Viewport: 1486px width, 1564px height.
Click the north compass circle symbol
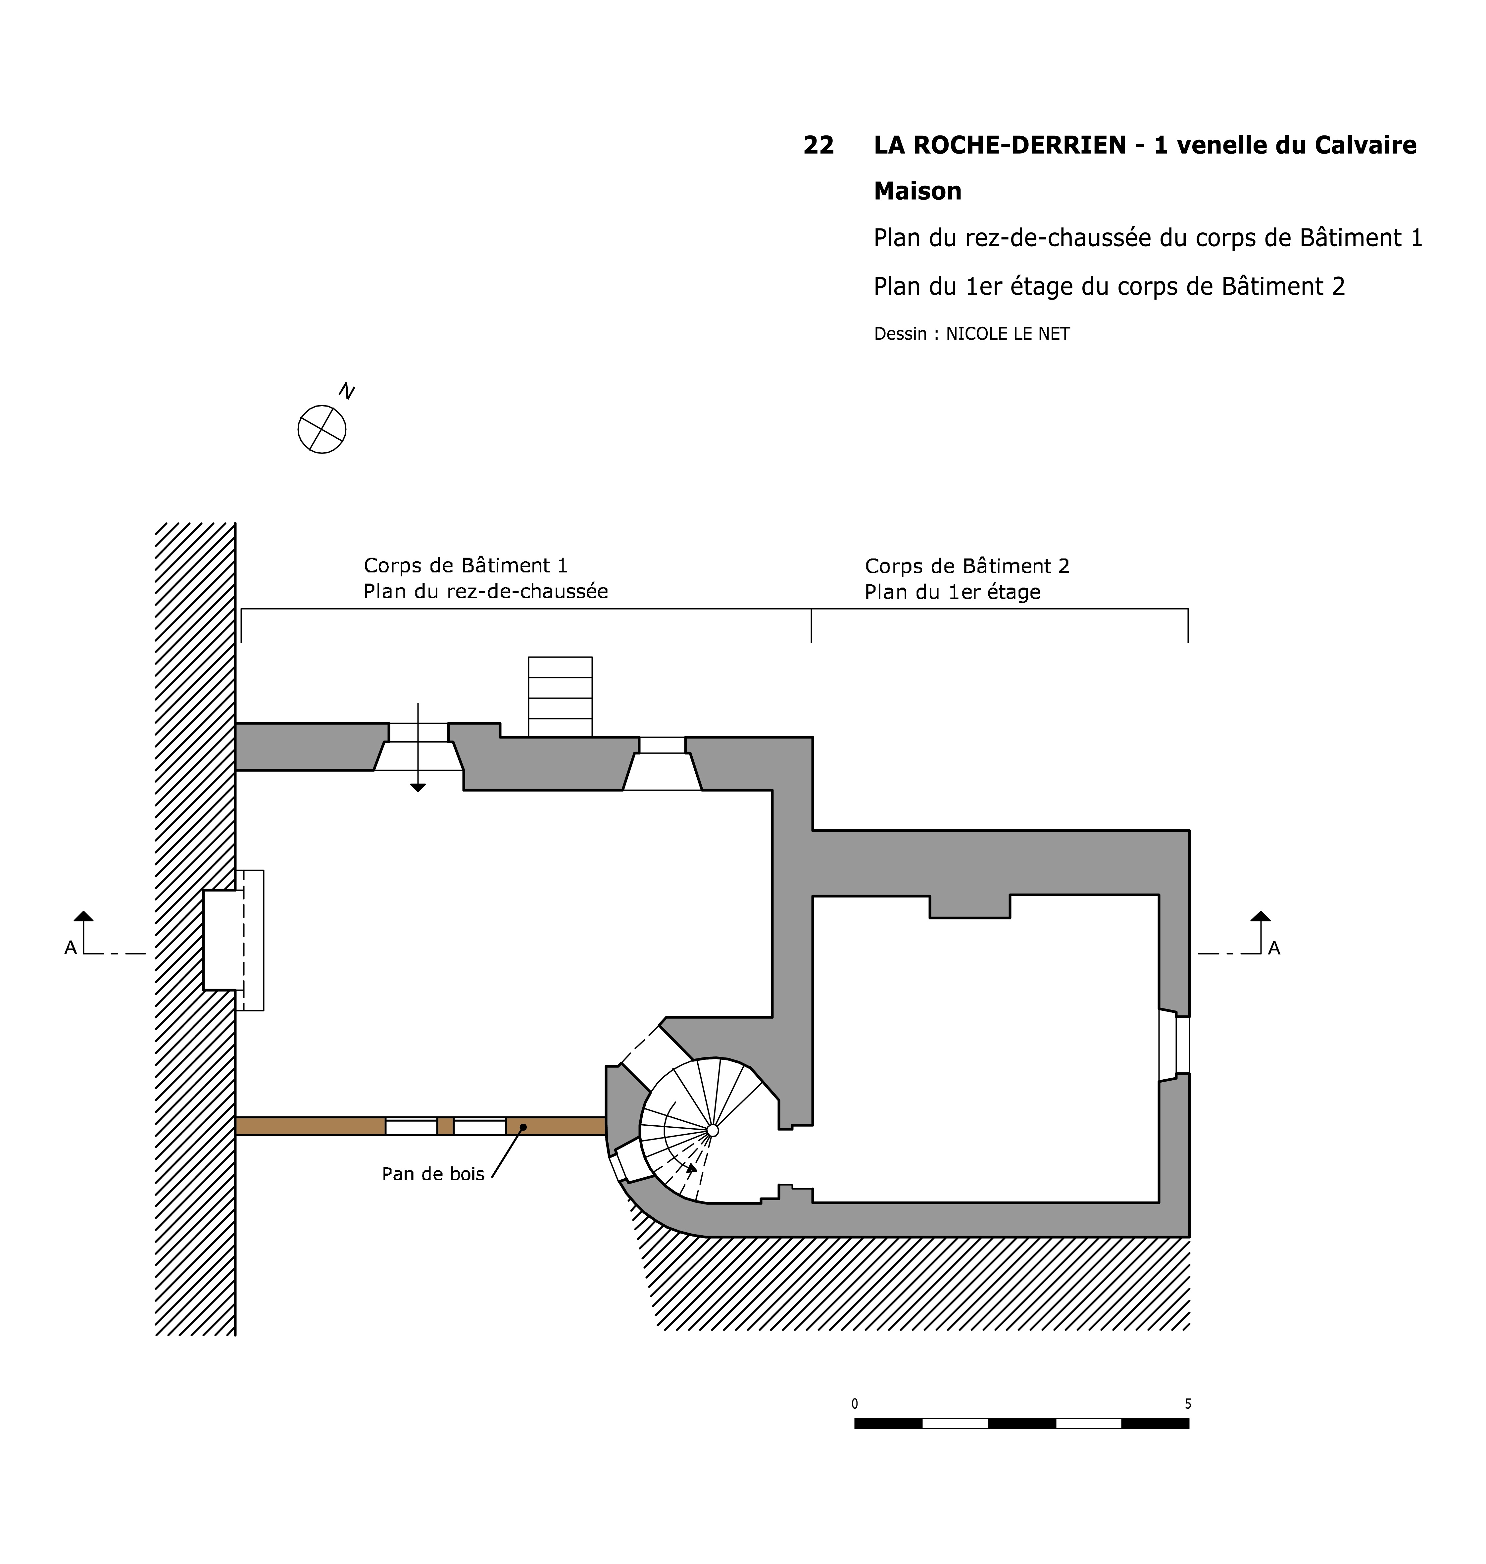[x=322, y=429]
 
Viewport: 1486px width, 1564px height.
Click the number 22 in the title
[x=818, y=146]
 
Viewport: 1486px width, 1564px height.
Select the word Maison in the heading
[x=917, y=192]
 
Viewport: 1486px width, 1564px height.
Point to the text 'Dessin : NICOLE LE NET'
[x=971, y=334]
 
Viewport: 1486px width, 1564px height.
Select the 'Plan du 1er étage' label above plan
[x=952, y=592]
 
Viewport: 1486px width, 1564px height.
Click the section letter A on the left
[x=71, y=948]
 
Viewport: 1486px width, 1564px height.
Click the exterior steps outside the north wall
[x=560, y=697]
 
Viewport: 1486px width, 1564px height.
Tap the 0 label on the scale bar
[x=855, y=1404]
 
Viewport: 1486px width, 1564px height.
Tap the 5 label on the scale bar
[x=1187, y=1404]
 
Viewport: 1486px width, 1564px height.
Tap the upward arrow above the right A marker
[x=1260, y=916]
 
